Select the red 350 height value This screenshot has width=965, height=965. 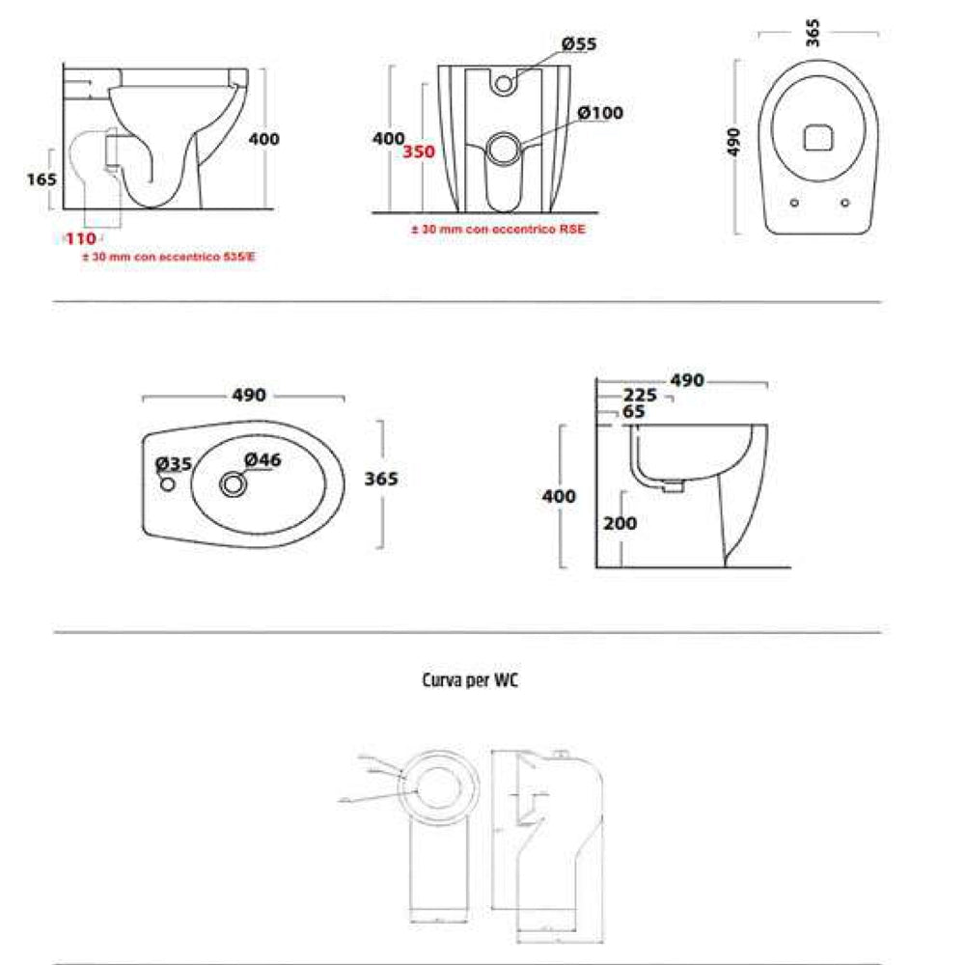[419, 152]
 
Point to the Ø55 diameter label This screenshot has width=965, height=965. [579, 44]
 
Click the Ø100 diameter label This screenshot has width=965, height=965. [600, 113]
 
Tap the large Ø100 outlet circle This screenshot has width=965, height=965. [504, 150]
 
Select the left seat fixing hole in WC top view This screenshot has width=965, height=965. [794, 203]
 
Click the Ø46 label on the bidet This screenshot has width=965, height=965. [262, 460]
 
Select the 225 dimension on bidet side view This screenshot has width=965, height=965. [640, 396]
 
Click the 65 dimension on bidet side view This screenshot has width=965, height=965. [634, 411]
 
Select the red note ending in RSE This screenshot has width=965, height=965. [497, 230]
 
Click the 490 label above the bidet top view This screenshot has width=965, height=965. [248, 397]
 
